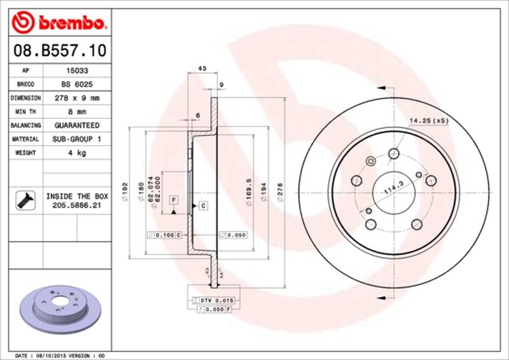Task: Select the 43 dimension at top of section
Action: click(202, 67)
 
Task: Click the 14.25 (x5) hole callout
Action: click(429, 120)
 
